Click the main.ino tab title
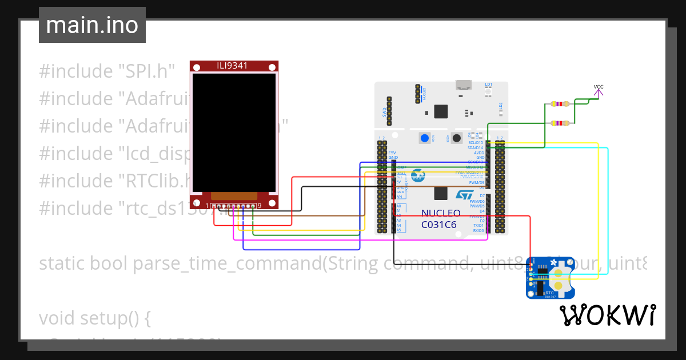(92, 25)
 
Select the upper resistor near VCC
(559, 104)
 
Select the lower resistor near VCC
(559, 123)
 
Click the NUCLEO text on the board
(441, 213)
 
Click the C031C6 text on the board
(438, 225)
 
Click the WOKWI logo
(607, 315)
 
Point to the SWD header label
(384, 112)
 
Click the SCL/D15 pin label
(476, 143)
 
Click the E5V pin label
(392, 153)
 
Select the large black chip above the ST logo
(441, 111)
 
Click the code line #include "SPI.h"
(106, 72)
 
